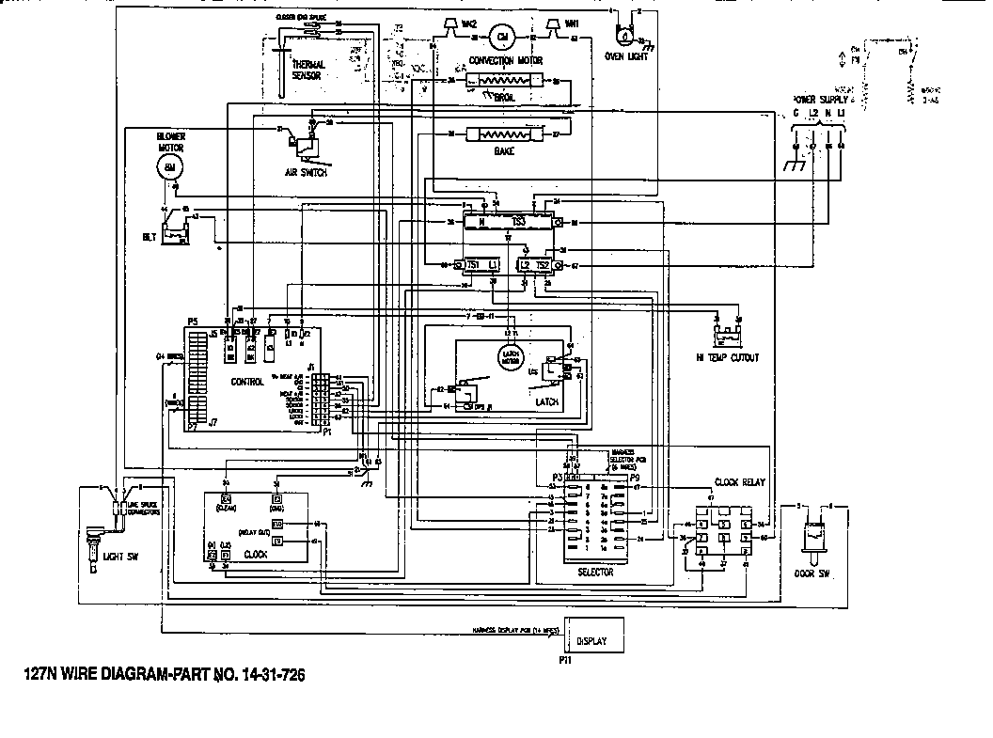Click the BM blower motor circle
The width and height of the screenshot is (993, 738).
pyautogui.click(x=169, y=167)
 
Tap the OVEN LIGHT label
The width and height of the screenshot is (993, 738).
pyautogui.click(x=626, y=55)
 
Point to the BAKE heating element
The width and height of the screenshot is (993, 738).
pyautogui.click(x=503, y=134)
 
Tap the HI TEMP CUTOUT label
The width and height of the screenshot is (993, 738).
pyautogui.click(x=729, y=357)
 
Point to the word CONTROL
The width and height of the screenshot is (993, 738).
pyautogui.click(x=247, y=382)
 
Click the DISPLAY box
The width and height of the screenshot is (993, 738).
pyautogui.click(x=593, y=640)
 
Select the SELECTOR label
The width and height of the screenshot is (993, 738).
pyautogui.click(x=595, y=572)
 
